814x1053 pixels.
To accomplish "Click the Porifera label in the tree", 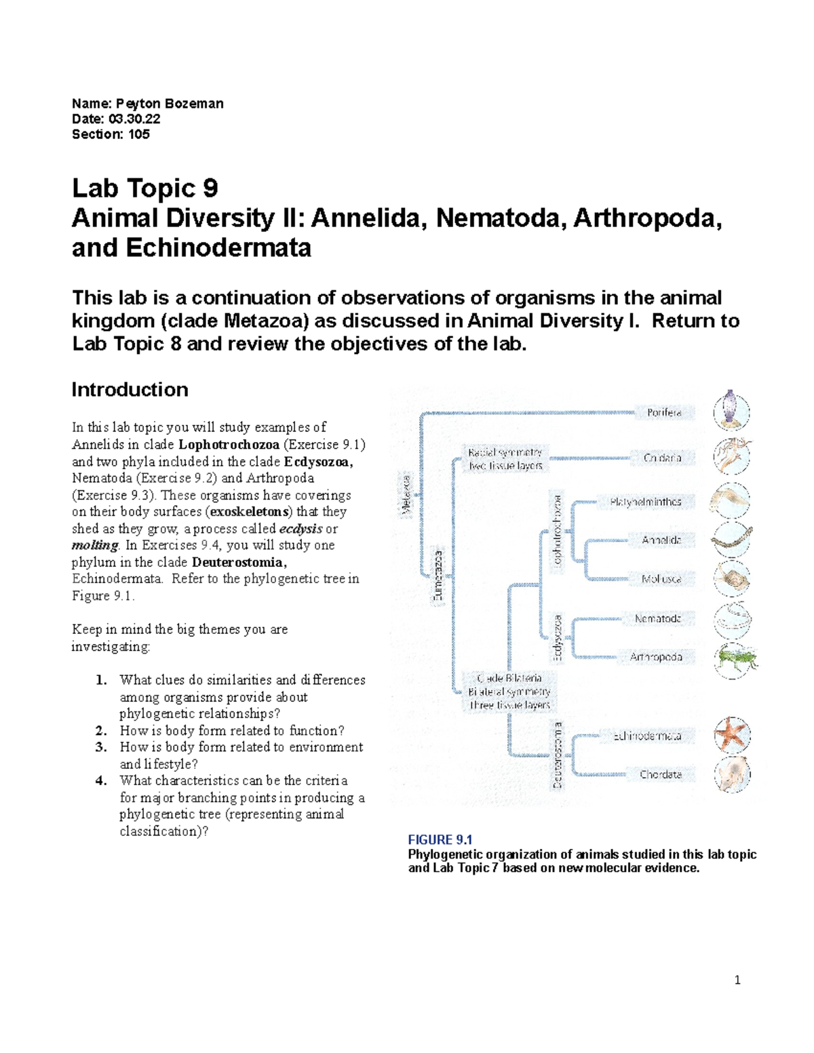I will tap(663, 412).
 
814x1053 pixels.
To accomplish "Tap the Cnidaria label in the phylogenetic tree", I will tap(662, 458).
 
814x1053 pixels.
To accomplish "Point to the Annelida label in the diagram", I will tap(661, 540).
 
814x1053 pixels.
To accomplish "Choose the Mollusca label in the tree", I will tap(661, 579).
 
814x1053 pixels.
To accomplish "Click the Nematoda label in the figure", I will tap(657, 618).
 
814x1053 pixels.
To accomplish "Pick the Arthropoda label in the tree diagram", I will tap(656, 657).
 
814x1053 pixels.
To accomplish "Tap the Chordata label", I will tap(661, 774).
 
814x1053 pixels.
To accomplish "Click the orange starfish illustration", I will tap(732, 735).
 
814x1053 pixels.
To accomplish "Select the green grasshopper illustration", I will tap(734, 657).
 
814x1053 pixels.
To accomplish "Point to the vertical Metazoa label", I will tap(406, 496).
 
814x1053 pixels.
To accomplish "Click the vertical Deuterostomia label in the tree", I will tap(558, 755).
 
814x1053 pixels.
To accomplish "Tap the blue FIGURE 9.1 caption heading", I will tap(440, 840).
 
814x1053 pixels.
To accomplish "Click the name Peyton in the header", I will tap(138, 104).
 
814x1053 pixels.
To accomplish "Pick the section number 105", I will tap(138, 134).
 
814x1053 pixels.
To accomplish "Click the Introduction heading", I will tap(130, 390).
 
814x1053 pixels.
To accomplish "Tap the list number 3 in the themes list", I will tap(101, 747).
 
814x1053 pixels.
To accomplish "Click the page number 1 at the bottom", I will tap(737, 980).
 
